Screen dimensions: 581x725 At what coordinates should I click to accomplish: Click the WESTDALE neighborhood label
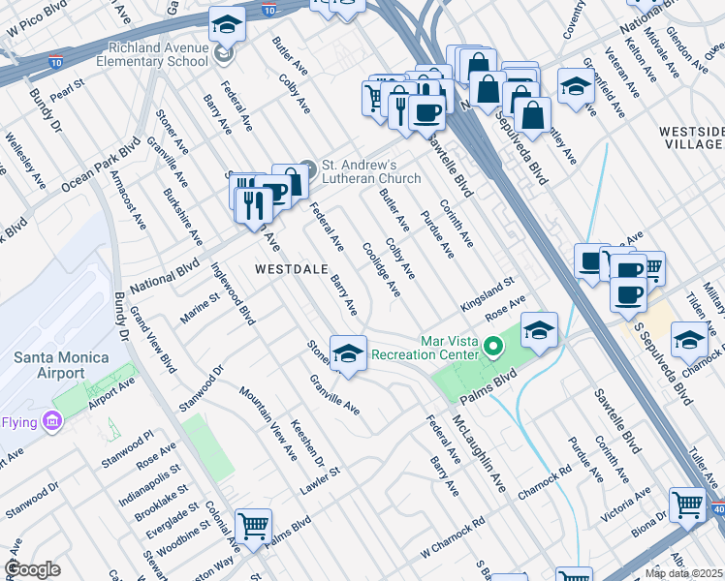pos(289,268)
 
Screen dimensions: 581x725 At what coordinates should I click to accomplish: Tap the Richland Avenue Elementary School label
pos(146,53)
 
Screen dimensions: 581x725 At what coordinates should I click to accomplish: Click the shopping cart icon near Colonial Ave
pos(253,526)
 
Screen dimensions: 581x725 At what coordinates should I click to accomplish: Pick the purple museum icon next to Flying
pos(52,422)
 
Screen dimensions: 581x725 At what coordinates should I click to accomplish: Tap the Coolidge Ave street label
pos(380,268)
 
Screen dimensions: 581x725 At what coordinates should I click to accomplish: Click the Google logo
pos(32,568)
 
